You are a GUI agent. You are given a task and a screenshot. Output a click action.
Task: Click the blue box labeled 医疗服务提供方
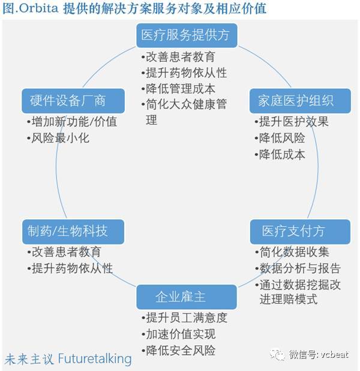(x=187, y=35)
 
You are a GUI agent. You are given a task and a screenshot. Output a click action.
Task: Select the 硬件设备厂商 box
(x=73, y=101)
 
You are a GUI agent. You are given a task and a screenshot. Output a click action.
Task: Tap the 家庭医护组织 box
(x=300, y=101)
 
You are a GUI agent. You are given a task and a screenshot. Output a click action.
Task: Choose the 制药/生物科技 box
(x=73, y=231)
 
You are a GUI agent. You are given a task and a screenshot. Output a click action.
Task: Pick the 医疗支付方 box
(x=300, y=231)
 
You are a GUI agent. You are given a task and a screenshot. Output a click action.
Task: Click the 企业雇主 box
(x=187, y=297)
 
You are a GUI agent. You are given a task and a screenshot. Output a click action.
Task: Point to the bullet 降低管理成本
(x=178, y=89)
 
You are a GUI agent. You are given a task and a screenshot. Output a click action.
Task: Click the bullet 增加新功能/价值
(x=72, y=122)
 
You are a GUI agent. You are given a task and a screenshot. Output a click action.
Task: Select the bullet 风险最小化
(x=58, y=138)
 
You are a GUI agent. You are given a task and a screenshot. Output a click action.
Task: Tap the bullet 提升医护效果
(x=292, y=122)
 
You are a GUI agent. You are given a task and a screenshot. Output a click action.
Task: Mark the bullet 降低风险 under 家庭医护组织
(x=280, y=138)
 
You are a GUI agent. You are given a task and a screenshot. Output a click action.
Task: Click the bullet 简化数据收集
(x=292, y=252)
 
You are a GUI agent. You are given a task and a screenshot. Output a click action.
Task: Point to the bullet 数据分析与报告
(x=298, y=269)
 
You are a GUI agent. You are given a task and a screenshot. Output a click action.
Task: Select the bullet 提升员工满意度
(x=184, y=318)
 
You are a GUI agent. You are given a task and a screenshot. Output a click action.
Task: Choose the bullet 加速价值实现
(x=178, y=334)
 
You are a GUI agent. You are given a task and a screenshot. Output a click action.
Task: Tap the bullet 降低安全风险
(x=178, y=351)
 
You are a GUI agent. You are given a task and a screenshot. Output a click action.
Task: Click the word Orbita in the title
(x=38, y=8)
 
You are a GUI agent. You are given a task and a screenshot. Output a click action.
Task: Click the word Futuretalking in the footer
(x=95, y=359)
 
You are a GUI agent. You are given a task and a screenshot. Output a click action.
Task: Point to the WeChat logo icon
(x=277, y=354)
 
